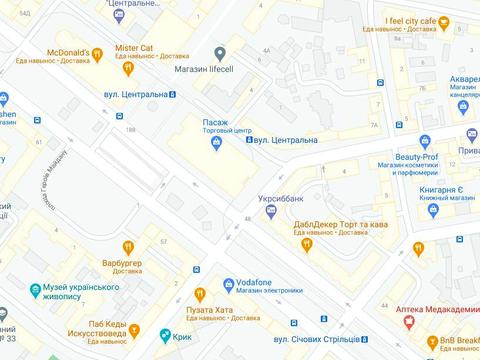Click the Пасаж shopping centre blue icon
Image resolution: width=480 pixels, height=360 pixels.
tap(216, 145)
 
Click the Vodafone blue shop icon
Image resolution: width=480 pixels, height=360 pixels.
tap(229, 283)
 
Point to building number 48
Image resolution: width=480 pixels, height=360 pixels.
tap(246, 219)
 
